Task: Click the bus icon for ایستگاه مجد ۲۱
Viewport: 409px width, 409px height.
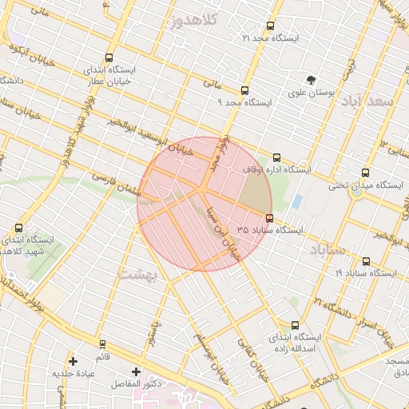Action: click(270, 26)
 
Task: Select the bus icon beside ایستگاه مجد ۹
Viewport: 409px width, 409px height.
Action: click(244, 90)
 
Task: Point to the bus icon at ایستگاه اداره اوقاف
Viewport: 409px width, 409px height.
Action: click(276, 157)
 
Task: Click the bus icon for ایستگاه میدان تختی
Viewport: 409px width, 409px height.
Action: click(365, 173)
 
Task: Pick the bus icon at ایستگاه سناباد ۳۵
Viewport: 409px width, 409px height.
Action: click(268, 217)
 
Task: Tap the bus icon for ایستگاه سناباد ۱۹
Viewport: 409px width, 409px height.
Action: click(366, 260)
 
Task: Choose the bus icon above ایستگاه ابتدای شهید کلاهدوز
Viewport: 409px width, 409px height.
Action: click(18, 228)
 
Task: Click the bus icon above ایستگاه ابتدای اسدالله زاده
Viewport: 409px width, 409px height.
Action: click(295, 325)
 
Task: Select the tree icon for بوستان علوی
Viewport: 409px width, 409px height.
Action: click(310, 79)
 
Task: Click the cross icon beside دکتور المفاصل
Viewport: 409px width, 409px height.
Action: click(136, 371)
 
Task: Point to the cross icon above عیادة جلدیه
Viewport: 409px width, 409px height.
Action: click(73, 361)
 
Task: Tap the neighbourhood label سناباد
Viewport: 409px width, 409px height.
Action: click(324, 251)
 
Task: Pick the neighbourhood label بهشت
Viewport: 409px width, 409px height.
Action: click(139, 274)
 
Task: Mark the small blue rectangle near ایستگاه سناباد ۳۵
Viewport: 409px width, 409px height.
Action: click(297, 201)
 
